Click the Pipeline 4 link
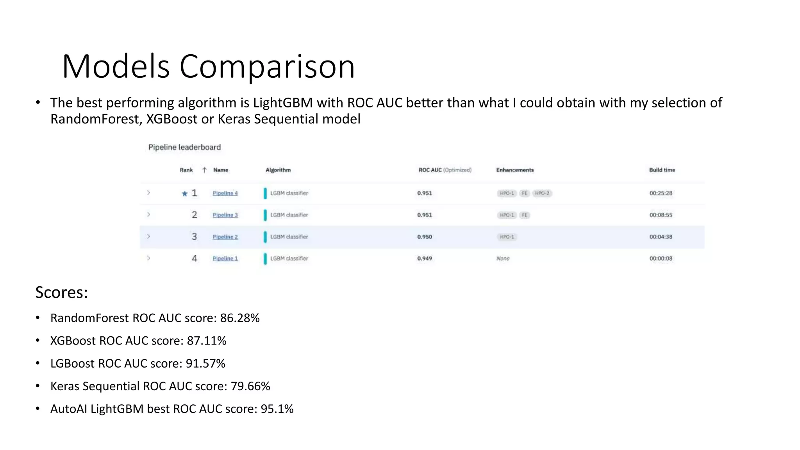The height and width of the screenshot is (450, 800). click(x=225, y=193)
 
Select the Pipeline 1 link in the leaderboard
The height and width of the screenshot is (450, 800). click(x=225, y=258)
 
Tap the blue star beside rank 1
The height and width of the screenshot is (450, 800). click(x=185, y=193)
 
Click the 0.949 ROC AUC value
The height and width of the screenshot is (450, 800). click(x=425, y=258)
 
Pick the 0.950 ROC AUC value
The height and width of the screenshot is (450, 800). click(x=425, y=237)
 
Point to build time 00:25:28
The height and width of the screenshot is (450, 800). click(x=661, y=193)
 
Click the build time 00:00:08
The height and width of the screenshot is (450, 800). click(x=661, y=258)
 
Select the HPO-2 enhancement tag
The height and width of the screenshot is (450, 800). click(x=542, y=193)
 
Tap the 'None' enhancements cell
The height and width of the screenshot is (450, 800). click(x=503, y=258)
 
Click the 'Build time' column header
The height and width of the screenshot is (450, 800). click(x=662, y=170)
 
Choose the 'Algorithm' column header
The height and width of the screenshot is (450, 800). click(x=278, y=170)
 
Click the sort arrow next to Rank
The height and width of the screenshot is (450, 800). click(x=204, y=170)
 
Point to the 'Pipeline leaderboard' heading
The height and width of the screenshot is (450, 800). click(x=184, y=147)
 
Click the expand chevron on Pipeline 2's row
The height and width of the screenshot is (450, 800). click(x=148, y=236)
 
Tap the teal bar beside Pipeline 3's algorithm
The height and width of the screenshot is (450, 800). click(x=265, y=215)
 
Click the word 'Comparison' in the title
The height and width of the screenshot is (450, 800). click(x=267, y=66)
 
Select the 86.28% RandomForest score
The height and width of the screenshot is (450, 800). click(x=240, y=318)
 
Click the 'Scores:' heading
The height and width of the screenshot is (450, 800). click(x=61, y=292)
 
